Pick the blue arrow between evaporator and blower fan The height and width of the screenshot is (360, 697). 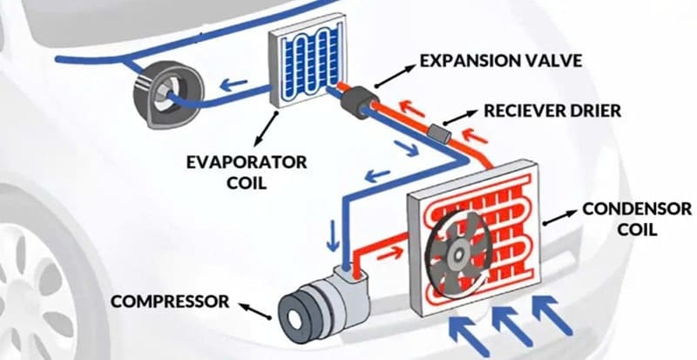click(229, 85)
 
